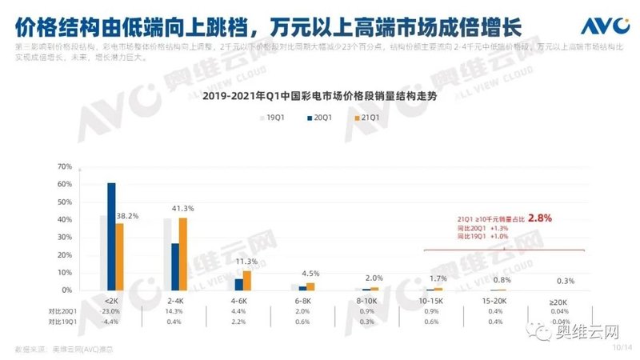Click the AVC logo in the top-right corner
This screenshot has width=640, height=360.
[x=602, y=25]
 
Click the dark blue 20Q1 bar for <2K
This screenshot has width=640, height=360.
[x=111, y=236]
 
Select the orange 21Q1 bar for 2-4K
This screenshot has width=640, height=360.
[x=183, y=254]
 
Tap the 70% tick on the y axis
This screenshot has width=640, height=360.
[x=65, y=166]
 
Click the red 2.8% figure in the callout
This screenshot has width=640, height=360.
[x=540, y=217]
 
